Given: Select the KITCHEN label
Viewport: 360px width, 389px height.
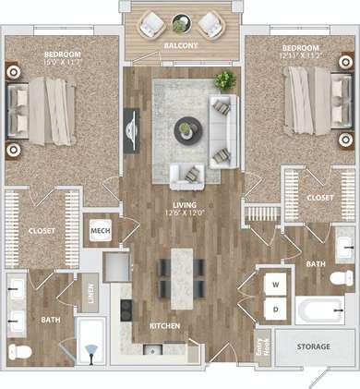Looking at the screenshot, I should tap(163, 326).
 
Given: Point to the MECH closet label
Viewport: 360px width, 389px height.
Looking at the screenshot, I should tap(100, 231).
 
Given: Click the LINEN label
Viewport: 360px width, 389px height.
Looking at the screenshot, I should tap(90, 292).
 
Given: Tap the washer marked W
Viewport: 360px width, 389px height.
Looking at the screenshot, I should tap(276, 284).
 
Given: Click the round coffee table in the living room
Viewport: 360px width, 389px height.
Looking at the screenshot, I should tap(186, 129).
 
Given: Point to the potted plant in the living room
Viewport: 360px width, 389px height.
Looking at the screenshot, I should tap(224, 80).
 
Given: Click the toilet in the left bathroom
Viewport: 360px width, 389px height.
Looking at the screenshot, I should tap(19, 352).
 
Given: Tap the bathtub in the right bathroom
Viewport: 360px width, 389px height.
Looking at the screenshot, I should tap(321, 310).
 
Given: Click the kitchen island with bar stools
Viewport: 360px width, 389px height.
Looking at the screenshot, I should tap(183, 269).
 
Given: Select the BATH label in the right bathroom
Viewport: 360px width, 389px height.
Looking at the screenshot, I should tap(316, 263).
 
